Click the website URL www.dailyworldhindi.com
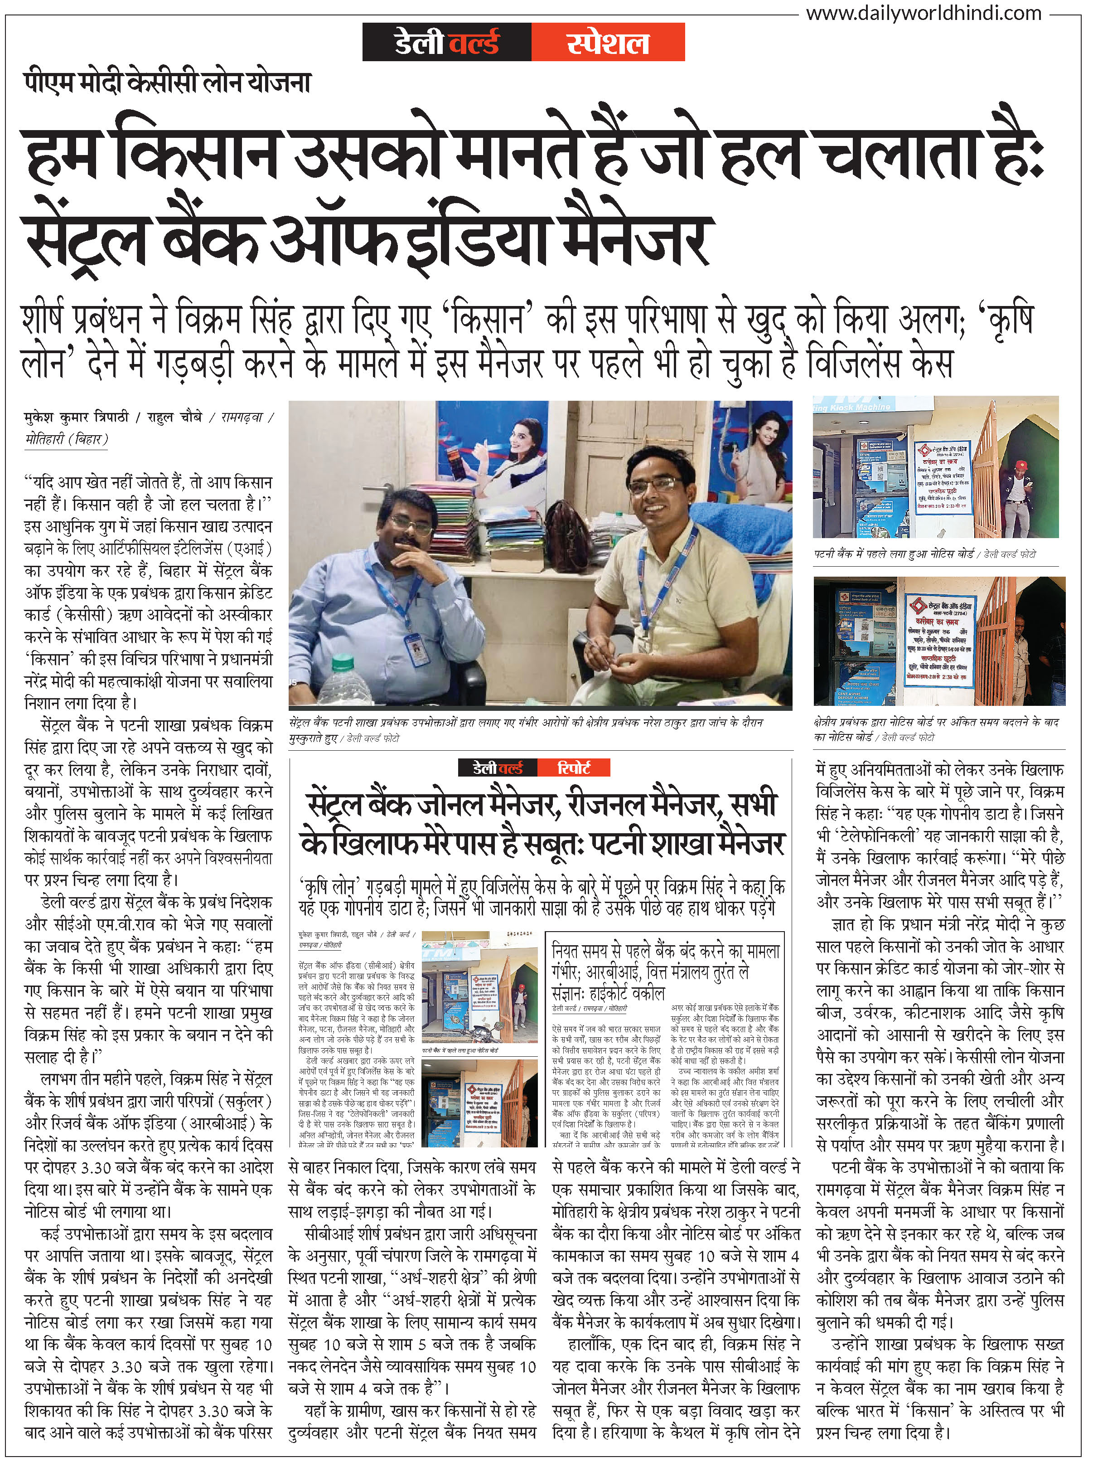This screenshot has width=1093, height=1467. click(924, 13)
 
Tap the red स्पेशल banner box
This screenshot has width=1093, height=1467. click(607, 42)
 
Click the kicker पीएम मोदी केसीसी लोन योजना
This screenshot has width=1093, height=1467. click(167, 83)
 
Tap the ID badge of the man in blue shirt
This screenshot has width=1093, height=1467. click(414, 648)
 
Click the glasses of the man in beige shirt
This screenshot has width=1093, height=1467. click(655, 486)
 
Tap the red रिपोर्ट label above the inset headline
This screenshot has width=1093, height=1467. click(573, 768)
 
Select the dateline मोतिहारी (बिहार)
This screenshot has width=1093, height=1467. click(66, 439)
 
